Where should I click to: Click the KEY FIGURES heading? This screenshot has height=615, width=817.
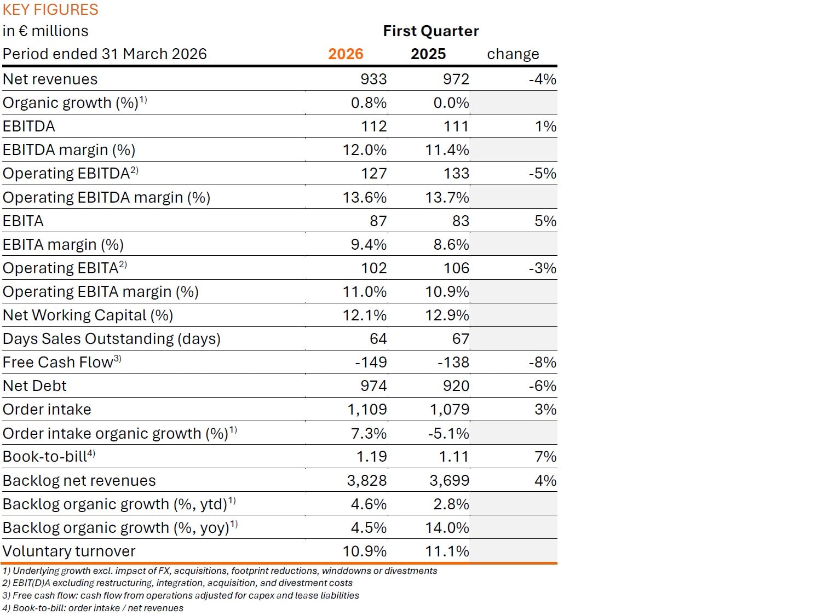point(50,10)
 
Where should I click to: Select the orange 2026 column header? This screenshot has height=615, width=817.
point(346,54)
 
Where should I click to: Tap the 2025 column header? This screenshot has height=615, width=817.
point(428,54)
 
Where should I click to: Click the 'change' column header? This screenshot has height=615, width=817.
point(513,54)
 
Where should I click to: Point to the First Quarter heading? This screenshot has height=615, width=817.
point(430,31)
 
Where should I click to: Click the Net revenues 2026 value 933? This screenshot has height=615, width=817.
point(373,79)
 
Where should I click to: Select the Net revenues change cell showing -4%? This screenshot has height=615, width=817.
point(542,79)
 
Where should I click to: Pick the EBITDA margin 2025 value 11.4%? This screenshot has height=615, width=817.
point(447,150)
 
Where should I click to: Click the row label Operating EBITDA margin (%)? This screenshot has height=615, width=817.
point(107,198)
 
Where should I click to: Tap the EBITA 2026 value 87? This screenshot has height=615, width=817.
point(378,221)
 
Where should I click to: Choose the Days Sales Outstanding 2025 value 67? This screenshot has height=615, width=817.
point(461,339)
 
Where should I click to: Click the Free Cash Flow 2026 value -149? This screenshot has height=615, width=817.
point(371,363)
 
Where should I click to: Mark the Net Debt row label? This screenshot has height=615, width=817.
point(34,386)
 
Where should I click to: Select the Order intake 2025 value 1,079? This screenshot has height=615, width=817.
point(449,410)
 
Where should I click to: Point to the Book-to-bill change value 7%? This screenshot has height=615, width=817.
point(545,457)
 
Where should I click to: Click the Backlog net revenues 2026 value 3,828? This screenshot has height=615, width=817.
point(367,481)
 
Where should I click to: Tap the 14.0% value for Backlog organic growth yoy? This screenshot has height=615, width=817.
point(447,528)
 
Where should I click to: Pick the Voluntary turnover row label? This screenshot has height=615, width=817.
point(69,551)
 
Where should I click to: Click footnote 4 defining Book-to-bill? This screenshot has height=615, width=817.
point(93,608)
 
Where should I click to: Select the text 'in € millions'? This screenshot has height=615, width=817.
point(45,31)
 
